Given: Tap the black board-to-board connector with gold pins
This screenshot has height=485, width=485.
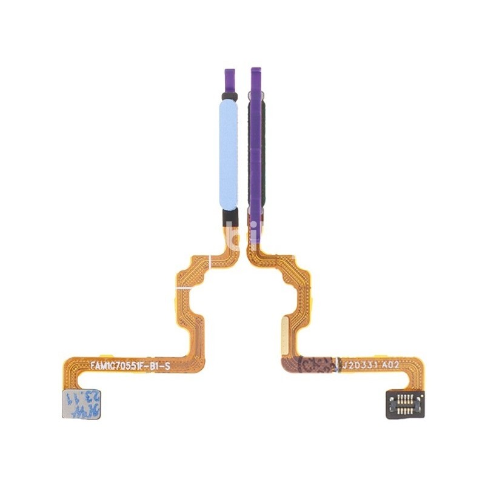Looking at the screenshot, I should point(404,401).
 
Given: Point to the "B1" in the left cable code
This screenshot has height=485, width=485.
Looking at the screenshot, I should point(159,366).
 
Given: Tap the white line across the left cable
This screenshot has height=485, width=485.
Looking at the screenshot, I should point(210,262).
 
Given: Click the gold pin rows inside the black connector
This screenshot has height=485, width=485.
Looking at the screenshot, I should point(404,401).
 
